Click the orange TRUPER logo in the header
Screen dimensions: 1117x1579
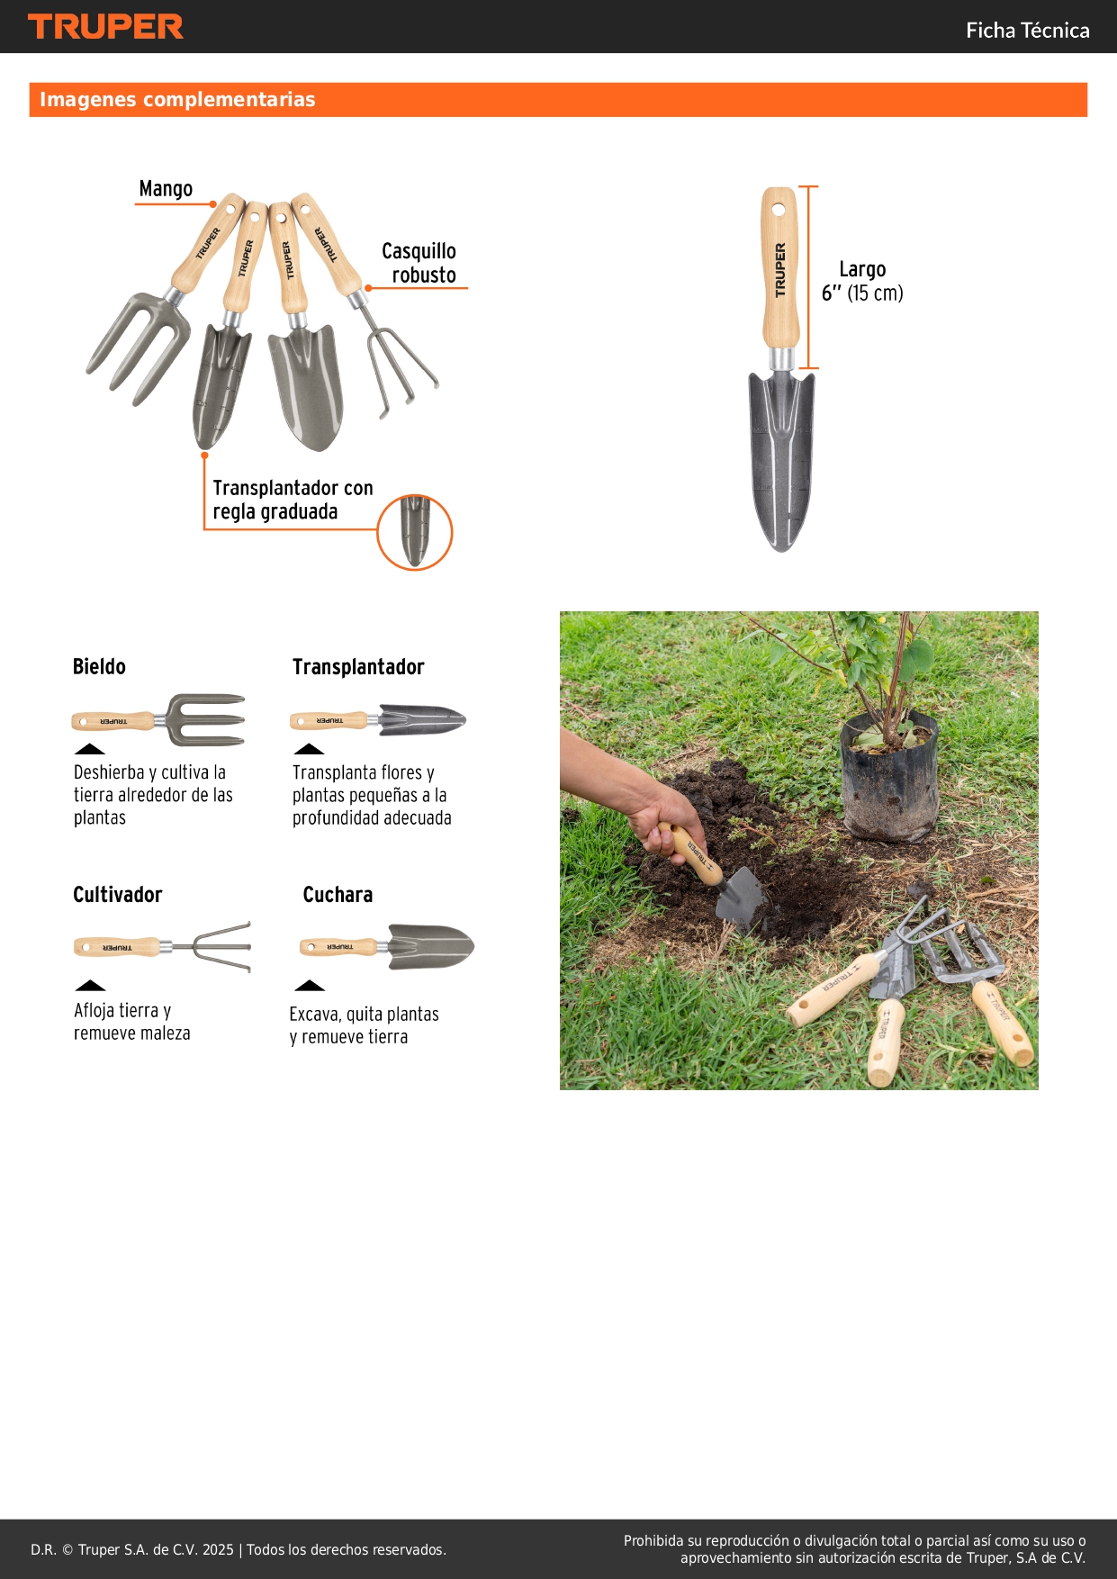(105, 27)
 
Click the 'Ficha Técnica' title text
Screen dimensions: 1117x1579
(1027, 30)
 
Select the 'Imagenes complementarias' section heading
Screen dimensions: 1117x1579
(177, 99)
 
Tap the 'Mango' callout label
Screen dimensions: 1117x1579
(166, 188)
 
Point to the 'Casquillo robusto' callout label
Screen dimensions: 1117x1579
(419, 263)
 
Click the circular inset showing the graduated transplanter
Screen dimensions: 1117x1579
(414, 532)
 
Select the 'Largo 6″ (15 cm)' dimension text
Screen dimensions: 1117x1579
(862, 281)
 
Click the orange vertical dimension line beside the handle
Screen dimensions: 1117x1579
(808, 277)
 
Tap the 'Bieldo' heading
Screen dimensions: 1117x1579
(99, 666)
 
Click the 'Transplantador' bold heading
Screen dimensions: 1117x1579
(358, 666)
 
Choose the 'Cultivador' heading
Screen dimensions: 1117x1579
(118, 894)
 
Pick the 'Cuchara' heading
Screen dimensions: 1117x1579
(338, 894)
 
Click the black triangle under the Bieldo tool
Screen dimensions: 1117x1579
(90, 749)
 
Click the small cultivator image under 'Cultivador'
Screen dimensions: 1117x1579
(162, 947)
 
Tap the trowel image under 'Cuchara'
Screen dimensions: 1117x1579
(387, 946)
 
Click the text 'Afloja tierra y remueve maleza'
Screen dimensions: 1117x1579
(131, 1022)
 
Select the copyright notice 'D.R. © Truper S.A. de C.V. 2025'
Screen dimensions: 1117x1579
(132, 1549)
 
